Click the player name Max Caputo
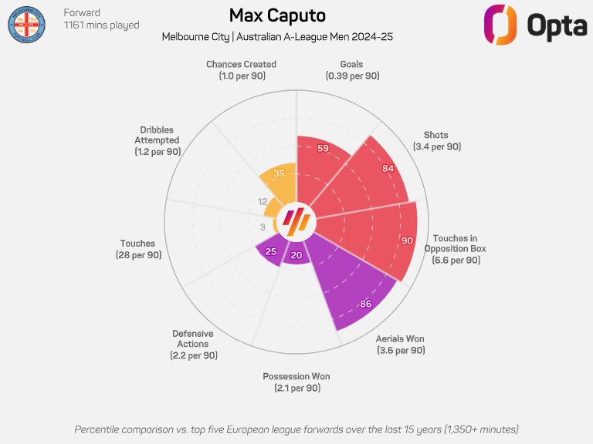pyautogui.click(x=277, y=15)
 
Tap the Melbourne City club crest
pyautogui.click(x=27, y=27)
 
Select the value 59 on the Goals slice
pyautogui.click(x=324, y=148)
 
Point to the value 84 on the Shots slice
pyautogui.click(x=388, y=168)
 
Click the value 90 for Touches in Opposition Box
pyautogui.click(x=407, y=240)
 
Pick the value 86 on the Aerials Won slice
pyautogui.click(x=365, y=304)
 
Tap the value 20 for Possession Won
pyautogui.click(x=296, y=256)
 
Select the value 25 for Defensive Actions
pyautogui.click(x=271, y=251)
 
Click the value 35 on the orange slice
pyautogui.click(x=280, y=173)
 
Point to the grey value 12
pyautogui.click(x=262, y=201)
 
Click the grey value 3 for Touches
pyautogui.click(x=263, y=227)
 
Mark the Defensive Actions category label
pyautogui.click(x=194, y=344)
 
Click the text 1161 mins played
pyautogui.click(x=101, y=25)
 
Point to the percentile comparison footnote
pyautogui.click(x=296, y=429)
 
